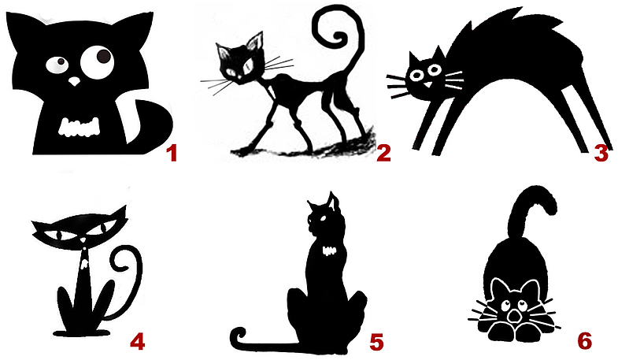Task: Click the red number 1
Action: (x=172, y=154)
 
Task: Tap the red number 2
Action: (x=383, y=153)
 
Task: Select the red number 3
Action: (x=601, y=153)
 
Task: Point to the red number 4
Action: (x=138, y=341)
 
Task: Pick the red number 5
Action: (x=376, y=341)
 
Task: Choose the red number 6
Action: (x=584, y=340)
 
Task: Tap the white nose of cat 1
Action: (x=74, y=81)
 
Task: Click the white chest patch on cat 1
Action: (x=79, y=127)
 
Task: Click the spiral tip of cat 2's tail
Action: (x=338, y=39)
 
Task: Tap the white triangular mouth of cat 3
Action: (x=427, y=85)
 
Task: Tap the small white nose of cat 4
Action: (x=83, y=240)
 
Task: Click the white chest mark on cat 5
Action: (x=330, y=251)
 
